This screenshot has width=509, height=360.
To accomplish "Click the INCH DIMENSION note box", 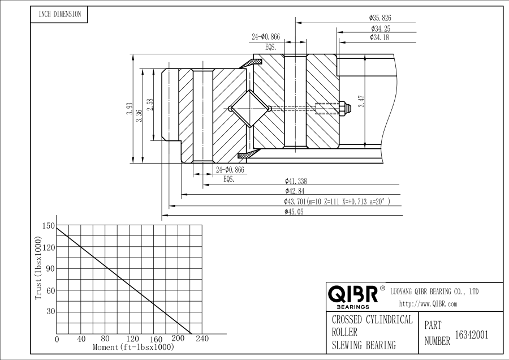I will point(59,14).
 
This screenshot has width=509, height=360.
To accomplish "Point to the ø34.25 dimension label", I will point(381,28).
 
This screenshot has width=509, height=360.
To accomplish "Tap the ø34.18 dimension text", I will point(381,38).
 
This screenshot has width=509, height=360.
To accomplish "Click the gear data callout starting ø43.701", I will point(337,202).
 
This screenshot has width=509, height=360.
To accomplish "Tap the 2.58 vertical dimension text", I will point(149,105).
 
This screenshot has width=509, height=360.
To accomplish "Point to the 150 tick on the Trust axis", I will point(48,226).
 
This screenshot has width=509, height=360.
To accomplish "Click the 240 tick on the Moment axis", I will point(202,339).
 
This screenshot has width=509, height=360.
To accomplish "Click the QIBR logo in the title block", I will point(353,295).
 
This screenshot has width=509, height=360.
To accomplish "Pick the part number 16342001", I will point(471,335).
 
